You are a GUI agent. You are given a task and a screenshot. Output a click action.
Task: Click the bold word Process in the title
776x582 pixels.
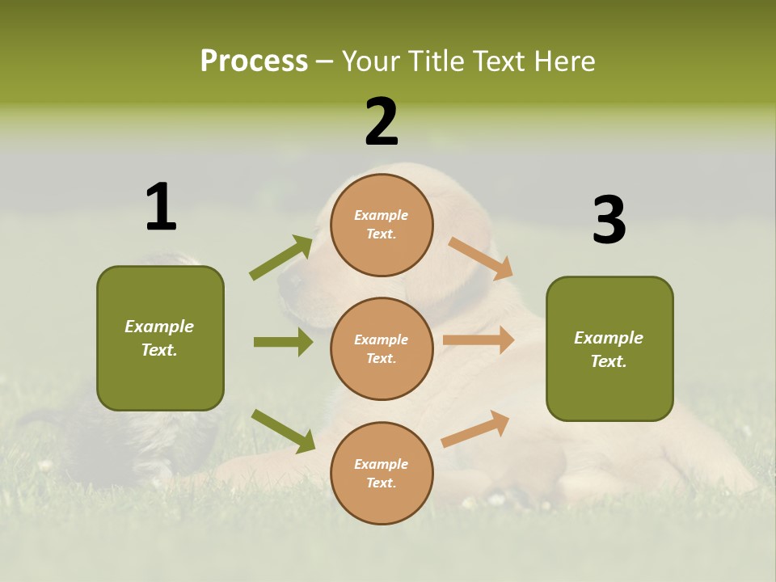pos(254,61)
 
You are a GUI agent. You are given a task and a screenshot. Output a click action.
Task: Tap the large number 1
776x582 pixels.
pos(161,207)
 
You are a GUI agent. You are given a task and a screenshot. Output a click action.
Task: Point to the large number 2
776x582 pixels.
pos(382,123)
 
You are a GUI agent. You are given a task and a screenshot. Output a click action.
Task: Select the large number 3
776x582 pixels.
pos(609,220)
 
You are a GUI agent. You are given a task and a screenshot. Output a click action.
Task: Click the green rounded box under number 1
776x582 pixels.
pos(160,338)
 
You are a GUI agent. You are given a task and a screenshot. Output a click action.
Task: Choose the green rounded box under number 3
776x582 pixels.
pos(609,348)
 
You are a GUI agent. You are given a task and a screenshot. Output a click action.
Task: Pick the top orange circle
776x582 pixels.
pos(382,225)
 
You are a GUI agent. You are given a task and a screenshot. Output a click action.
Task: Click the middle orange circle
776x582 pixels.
pos(382,348)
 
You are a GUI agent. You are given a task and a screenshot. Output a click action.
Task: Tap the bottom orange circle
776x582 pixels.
pos(382,473)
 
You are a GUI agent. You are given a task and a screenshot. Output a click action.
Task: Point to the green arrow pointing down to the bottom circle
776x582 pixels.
pos(283,431)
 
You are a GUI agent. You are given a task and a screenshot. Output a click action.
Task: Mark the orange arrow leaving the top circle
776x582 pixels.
pos(481,259)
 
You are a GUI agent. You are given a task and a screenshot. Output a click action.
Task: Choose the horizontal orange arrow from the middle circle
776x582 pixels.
pos(478,339)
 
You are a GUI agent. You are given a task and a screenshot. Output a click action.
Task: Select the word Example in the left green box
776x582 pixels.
pos(159,327)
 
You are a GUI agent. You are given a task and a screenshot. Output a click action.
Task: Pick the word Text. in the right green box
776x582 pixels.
pos(609,361)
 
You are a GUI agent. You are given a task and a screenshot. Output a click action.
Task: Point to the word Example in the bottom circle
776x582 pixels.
pos(382,464)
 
